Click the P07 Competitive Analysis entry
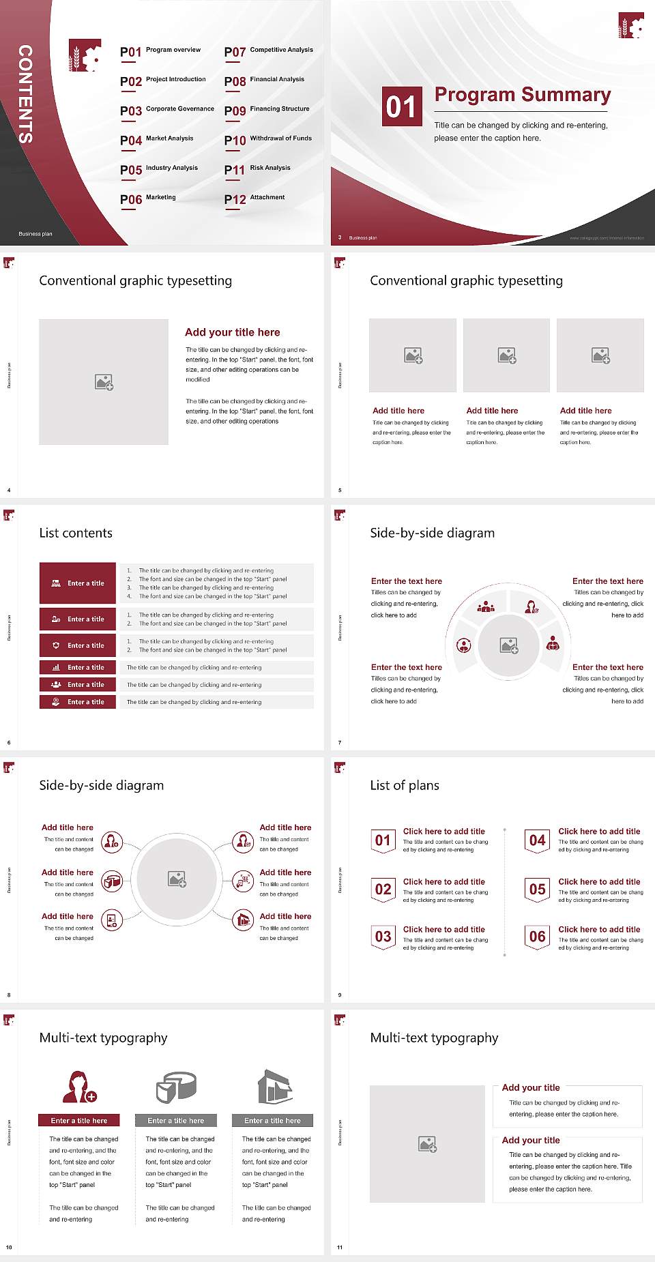point(268,51)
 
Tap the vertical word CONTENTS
point(25,94)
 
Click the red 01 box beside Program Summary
point(401,106)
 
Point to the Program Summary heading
point(522,95)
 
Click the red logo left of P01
point(85,56)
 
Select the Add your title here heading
point(232,332)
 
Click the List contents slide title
point(76,533)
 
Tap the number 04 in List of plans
point(538,840)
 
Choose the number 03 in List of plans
point(383,937)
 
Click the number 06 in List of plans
point(538,937)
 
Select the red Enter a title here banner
point(78,1120)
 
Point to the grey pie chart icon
point(176,1087)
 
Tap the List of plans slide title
point(405,785)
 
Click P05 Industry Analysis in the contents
point(159,169)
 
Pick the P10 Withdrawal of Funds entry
point(267,140)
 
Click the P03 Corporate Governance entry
point(166,111)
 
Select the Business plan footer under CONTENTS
point(35,234)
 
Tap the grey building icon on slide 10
point(274,1087)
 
